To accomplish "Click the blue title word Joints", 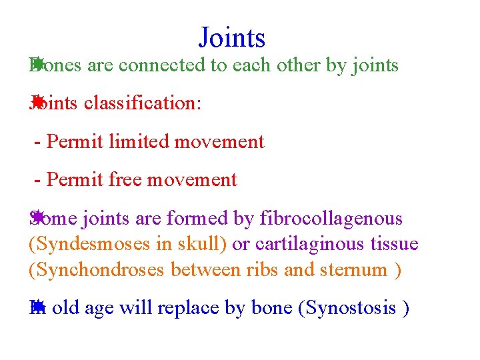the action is coord(232,37).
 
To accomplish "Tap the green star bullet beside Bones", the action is coord(38,65).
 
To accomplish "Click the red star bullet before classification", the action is coord(38,102).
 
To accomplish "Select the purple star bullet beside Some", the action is coord(38,217).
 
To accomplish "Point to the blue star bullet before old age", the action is coord(38,306).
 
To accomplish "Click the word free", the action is coord(129,180).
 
